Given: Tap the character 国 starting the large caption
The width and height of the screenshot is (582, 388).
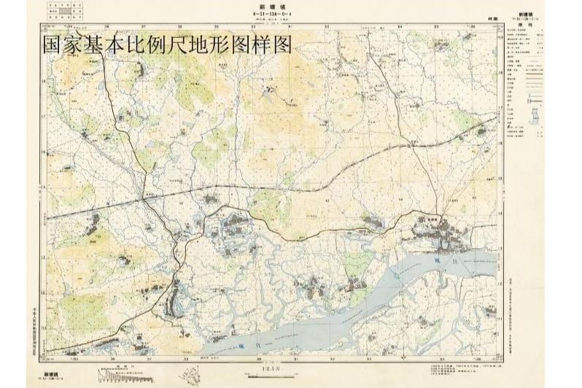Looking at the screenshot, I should [52, 45].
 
